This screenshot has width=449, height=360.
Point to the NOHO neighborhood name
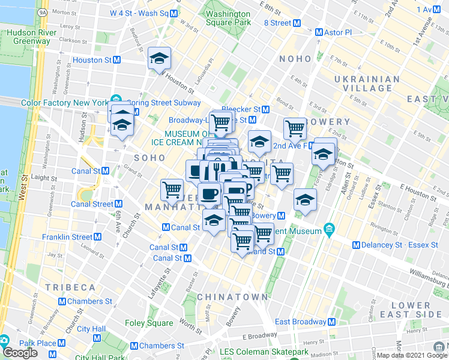pyautogui.click(x=295, y=59)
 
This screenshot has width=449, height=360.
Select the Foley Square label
pyautogui.click(x=149, y=323)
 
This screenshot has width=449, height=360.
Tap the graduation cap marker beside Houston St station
pyautogui.click(x=159, y=59)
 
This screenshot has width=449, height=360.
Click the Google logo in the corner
pyautogui.click(x=20, y=353)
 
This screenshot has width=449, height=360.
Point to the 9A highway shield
pyautogui.click(x=41, y=11)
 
